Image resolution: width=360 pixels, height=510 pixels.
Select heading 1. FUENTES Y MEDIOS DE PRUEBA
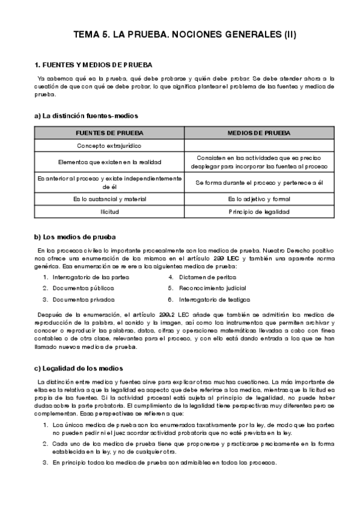click(x=94, y=64)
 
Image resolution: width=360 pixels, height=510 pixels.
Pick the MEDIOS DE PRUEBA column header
click(x=259, y=132)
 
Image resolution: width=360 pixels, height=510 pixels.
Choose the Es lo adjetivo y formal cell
click(x=259, y=198)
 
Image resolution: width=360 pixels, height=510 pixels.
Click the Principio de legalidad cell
click(x=259, y=212)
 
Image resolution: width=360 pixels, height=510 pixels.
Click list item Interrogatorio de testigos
click(x=214, y=299)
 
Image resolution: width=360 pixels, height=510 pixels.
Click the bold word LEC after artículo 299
click(x=233, y=258)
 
